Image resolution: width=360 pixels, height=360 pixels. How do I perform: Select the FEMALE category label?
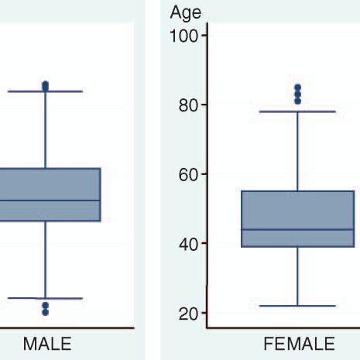(x=299, y=344)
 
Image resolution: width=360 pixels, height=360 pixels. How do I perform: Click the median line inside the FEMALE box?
(x=298, y=229)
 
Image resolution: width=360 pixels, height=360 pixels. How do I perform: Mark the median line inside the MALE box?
(x=46, y=201)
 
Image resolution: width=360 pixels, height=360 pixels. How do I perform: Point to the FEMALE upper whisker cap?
(x=298, y=111)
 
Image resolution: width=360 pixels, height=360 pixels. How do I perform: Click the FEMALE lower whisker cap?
(x=298, y=306)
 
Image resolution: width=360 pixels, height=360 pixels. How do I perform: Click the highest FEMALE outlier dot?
(x=297, y=87)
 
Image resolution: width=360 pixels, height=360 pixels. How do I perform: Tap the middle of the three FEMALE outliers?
(x=297, y=94)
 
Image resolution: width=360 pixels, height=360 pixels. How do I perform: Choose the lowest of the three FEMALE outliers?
(x=297, y=101)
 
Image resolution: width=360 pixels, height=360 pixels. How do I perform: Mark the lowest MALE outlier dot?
(x=45, y=313)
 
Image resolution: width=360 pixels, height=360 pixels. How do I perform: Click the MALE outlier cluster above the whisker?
(x=45, y=86)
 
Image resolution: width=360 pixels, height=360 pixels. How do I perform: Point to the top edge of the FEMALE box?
(x=298, y=191)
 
